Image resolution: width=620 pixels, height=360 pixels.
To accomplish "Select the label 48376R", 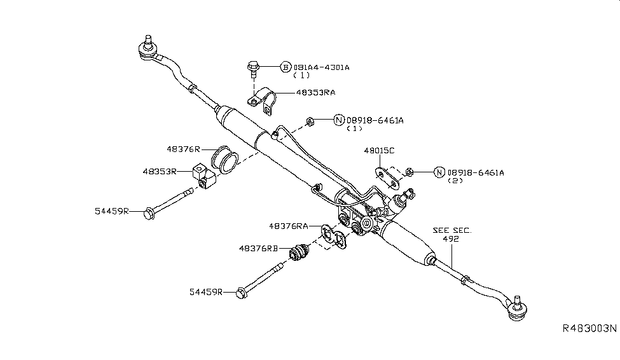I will pos(183,149).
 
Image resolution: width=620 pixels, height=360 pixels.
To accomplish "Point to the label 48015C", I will pos(379,151).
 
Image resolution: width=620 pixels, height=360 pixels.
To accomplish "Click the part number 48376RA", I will pos(289,226).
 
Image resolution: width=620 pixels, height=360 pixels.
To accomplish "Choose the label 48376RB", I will pos(259,249).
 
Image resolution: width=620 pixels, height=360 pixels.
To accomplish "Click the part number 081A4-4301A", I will pos(321,67).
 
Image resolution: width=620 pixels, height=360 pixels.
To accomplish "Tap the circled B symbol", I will pos(286,67).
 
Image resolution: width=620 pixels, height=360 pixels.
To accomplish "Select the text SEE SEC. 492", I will pos(452,235).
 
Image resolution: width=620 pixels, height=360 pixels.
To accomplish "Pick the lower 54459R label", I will pos(205,291).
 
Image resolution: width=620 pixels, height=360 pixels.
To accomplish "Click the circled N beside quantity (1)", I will pos(339,120).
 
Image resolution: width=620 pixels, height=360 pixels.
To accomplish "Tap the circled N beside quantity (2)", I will pos(439,172).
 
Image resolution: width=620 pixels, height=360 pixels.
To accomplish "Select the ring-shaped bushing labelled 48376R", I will pos(224,158).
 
